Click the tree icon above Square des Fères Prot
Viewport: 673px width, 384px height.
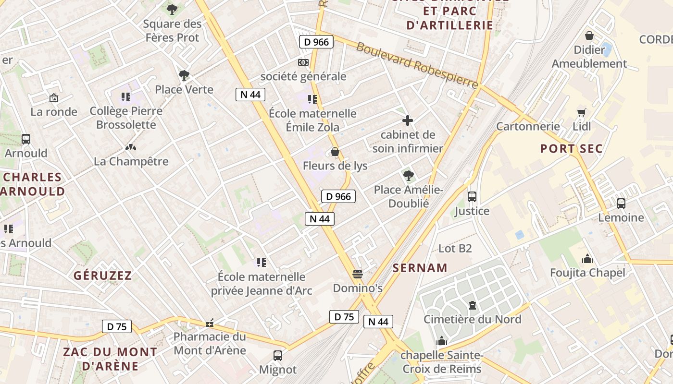click(x=172, y=9)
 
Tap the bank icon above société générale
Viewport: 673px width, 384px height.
click(x=303, y=62)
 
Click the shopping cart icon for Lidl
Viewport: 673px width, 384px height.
click(x=582, y=112)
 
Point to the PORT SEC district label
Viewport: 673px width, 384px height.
click(x=571, y=148)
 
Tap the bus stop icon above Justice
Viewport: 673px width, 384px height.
click(x=472, y=197)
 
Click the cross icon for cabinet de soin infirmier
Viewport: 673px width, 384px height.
click(x=408, y=120)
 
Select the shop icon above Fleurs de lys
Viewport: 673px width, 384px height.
click(x=335, y=152)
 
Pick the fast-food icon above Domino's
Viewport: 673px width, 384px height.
click(x=357, y=274)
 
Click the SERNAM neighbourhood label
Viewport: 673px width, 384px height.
click(x=420, y=268)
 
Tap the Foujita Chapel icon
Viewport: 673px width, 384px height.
click(x=587, y=259)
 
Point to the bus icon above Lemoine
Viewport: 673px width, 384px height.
click(x=621, y=204)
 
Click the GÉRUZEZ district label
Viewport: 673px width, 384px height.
click(x=103, y=276)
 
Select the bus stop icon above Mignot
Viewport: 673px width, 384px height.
click(x=278, y=356)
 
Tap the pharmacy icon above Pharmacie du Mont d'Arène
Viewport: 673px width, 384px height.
click(x=209, y=323)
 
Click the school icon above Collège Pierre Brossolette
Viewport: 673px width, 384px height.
click(x=126, y=97)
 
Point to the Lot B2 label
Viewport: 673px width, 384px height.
click(x=455, y=248)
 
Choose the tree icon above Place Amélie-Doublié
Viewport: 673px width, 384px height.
click(x=408, y=176)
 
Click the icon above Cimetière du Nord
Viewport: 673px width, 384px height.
click(x=472, y=305)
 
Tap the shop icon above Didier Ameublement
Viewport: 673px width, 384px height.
click(x=589, y=36)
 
